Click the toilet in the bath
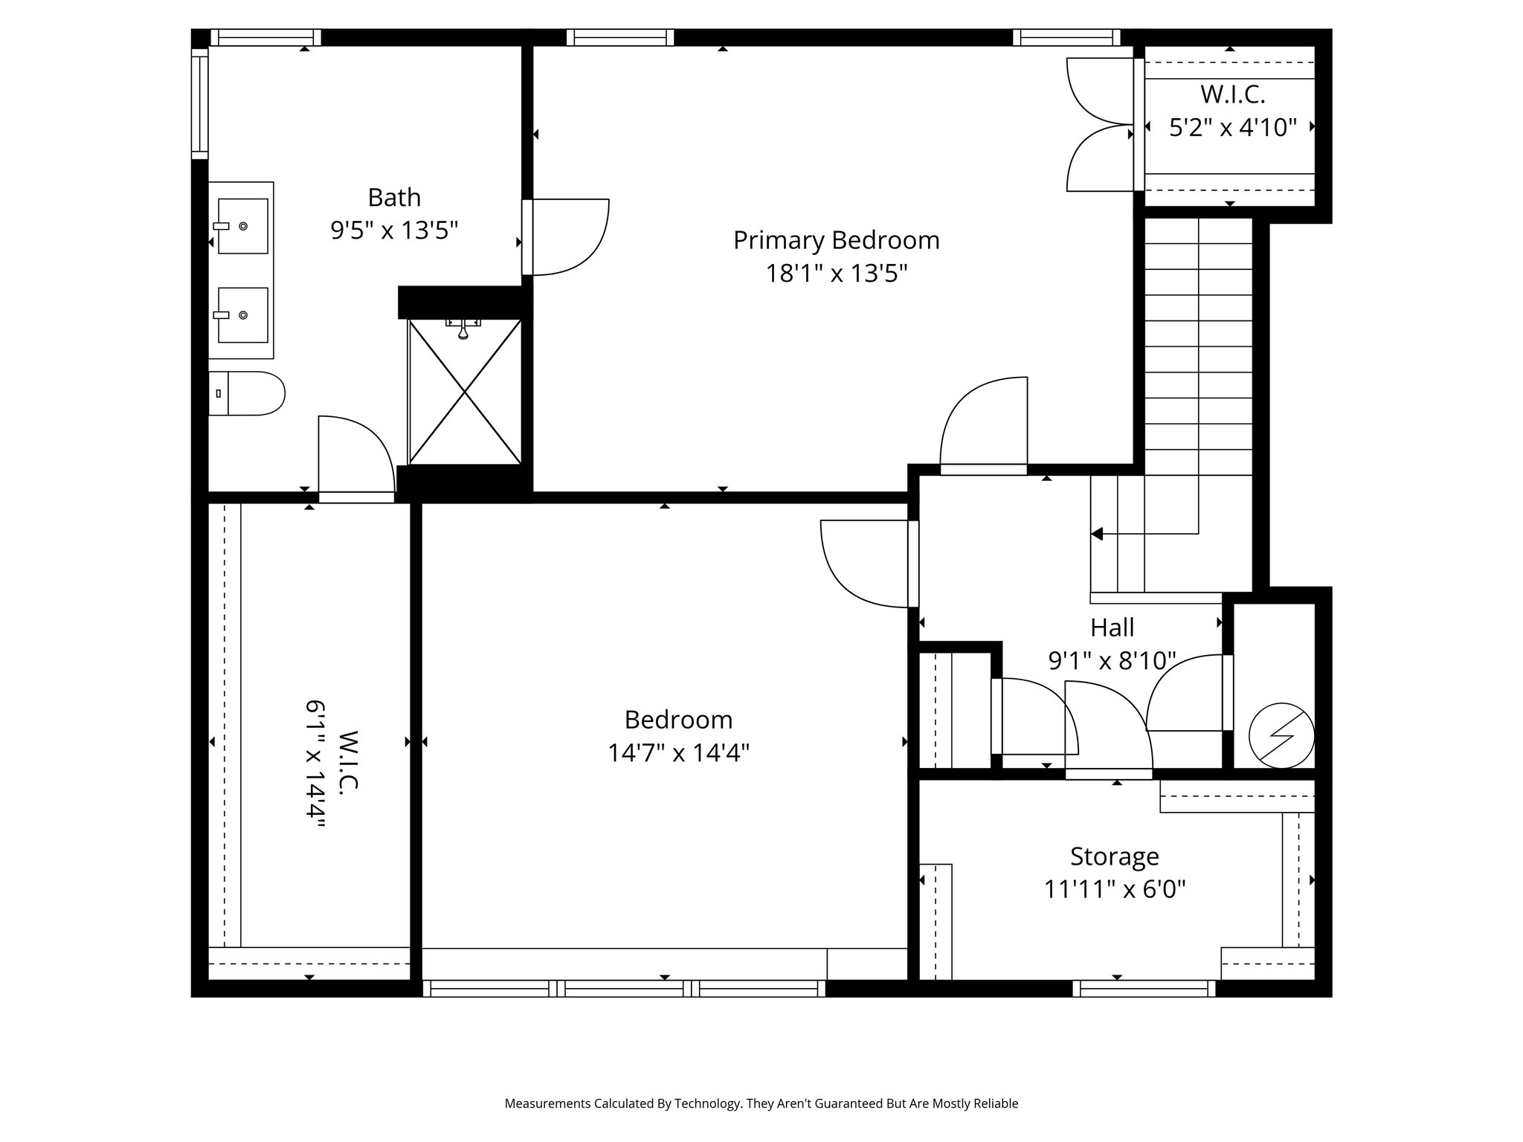tap(247, 393)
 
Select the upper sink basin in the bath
tap(242, 226)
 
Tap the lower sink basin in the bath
tap(242, 315)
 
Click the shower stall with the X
tap(465, 392)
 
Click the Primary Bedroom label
tap(837, 240)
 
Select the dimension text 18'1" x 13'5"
tap(837, 274)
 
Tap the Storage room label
tap(1115, 856)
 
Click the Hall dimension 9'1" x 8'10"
tap(1113, 660)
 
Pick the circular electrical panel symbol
tap(1281, 736)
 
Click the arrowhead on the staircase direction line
tap(1097, 534)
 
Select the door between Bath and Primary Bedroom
tap(566, 237)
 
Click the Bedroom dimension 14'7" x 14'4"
tap(678, 753)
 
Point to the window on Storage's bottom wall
tap(1144, 988)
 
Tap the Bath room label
tap(394, 197)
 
